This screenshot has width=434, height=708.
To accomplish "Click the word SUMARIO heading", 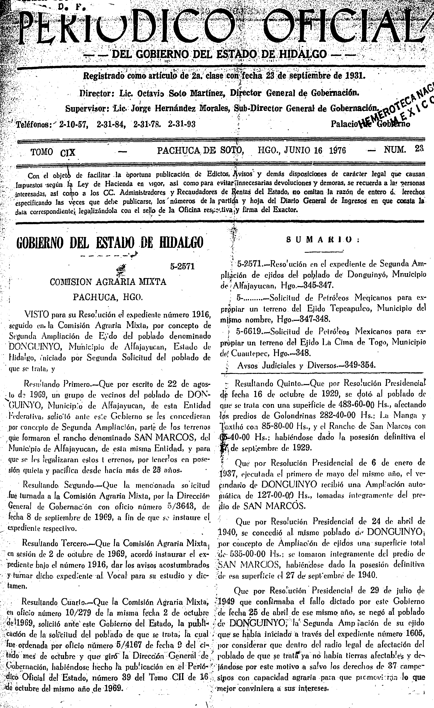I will click(323, 240).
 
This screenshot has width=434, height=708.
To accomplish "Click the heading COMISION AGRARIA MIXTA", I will click(108, 282).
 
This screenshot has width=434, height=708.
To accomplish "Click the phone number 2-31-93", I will click(182, 124).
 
